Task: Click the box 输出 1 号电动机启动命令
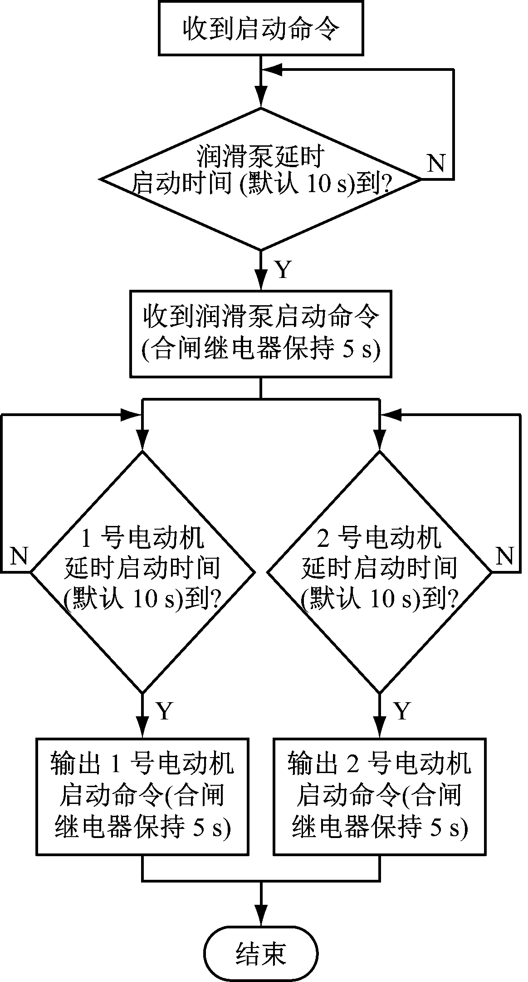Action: (143, 797)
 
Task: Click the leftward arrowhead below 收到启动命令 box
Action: (274, 69)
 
